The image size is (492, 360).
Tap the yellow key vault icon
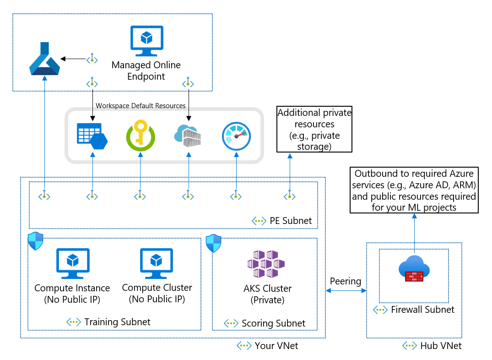tap(140, 136)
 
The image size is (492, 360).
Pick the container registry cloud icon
tap(188, 136)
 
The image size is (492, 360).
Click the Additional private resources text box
tap(314, 130)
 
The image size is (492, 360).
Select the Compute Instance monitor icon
tap(72, 263)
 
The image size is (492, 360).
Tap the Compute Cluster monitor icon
tap(157, 263)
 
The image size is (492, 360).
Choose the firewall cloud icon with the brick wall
tap(414, 269)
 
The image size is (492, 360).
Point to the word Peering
tap(346, 281)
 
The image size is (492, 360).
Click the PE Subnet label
tap(291, 221)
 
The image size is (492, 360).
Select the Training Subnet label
tap(117, 322)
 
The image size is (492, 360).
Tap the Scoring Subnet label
tap(273, 323)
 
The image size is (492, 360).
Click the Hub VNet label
tap(441, 346)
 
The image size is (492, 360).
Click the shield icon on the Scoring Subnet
tap(213, 243)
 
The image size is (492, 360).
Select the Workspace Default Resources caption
tap(141, 106)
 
